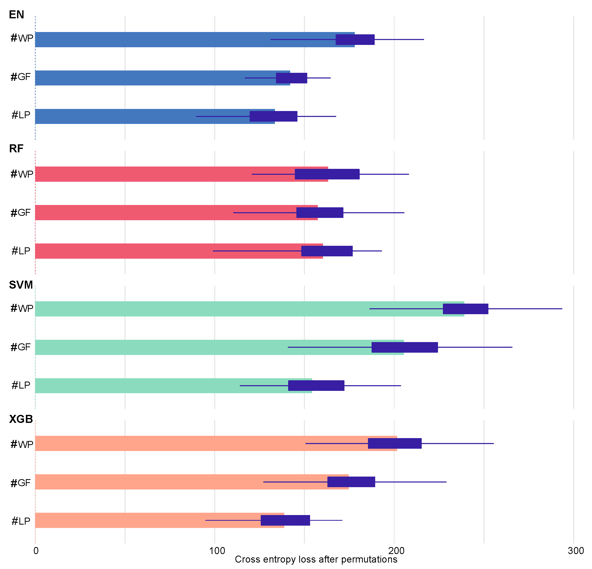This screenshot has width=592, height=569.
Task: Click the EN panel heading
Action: coord(16,14)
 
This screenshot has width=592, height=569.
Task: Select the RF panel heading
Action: coord(16,148)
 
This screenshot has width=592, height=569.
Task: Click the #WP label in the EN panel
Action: coord(21,38)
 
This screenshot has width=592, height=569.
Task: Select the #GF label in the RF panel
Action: coord(20,213)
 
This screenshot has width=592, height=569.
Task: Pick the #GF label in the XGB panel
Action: coord(20,483)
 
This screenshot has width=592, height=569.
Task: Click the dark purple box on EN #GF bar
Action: coord(291,78)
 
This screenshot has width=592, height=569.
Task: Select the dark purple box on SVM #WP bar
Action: coord(465,309)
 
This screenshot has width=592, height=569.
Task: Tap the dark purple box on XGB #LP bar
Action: coord(285,520)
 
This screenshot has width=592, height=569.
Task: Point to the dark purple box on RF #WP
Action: coord(327,174)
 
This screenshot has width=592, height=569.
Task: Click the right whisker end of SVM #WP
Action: coord(562,309)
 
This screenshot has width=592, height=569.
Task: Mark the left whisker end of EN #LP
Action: coord(197,116)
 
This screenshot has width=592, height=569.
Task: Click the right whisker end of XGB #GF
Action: coord(446,482)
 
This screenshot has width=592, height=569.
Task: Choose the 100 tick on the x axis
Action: coord(217,551)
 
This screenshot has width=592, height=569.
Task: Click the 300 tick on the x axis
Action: coord(575,551)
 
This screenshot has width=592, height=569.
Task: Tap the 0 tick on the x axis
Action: coord(36,551)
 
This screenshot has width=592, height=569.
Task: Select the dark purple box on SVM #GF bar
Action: coord(404,347)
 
